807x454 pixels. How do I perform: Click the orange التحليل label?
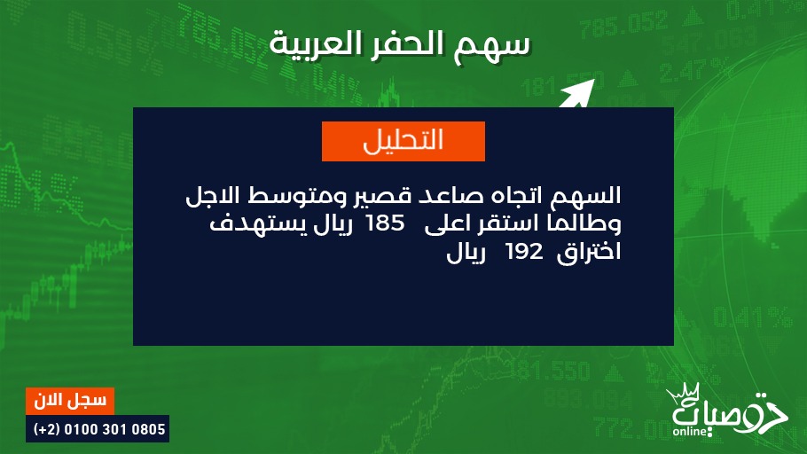click(403, 141)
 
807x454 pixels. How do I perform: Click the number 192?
click(524, 252)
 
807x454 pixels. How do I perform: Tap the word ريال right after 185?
click(333, 225)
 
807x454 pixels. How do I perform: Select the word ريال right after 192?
click(466, 253)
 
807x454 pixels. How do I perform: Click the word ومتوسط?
click(294, 196)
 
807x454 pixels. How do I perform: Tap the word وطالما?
click(584, 223)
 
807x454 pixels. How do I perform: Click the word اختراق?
click(589, 253)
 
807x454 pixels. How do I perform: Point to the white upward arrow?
click(576, 95)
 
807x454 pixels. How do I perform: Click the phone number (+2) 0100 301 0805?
click(98, 429)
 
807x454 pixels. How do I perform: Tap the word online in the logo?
click(690, 431)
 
